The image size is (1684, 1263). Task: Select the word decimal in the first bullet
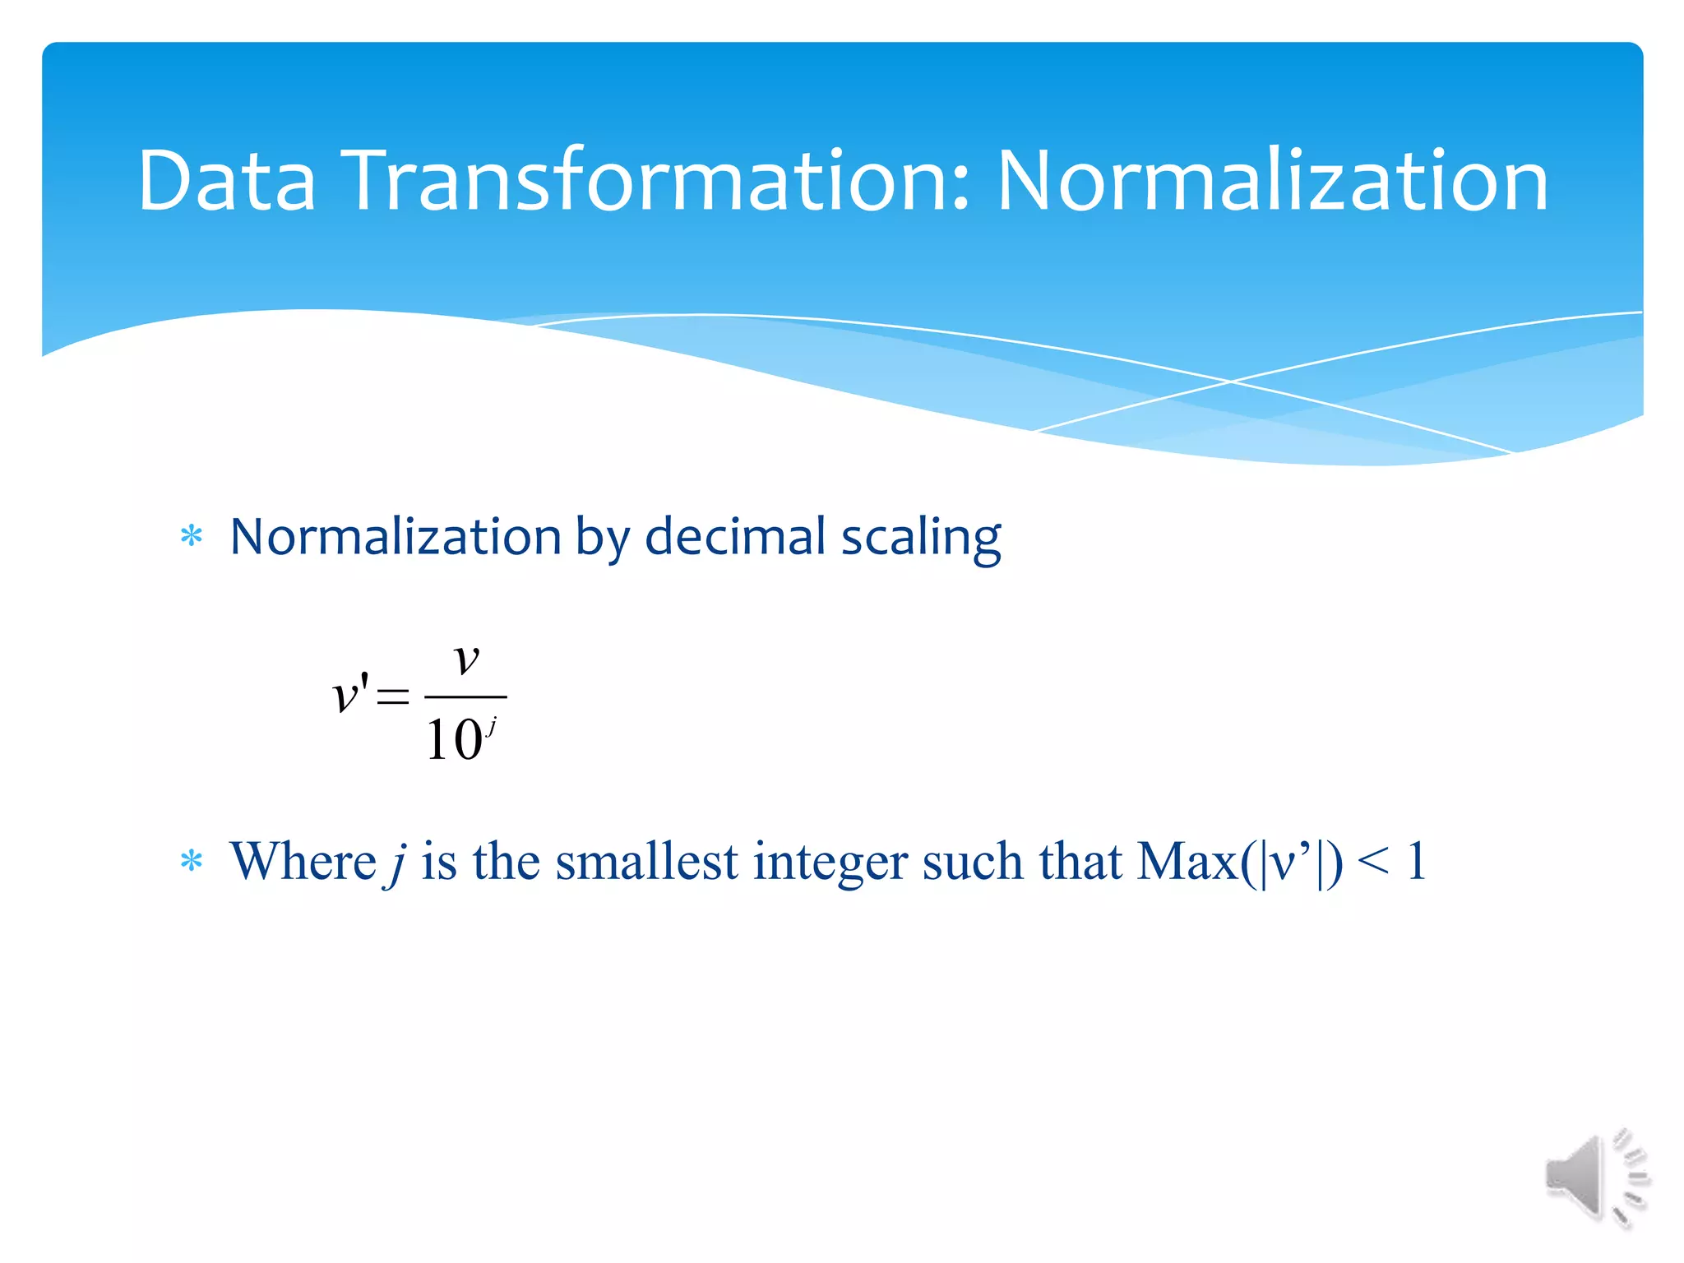(x=735, y=537)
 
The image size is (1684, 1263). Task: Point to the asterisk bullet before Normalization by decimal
(x=192, y=537)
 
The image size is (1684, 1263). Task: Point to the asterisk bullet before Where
(x=192, y=862)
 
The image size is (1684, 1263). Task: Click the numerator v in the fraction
(x=466, y=659)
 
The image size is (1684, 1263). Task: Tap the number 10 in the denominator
(x=453, y=739)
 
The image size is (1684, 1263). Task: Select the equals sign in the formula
(x=392, y=697)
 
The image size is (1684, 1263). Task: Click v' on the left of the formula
(x=350, y=695)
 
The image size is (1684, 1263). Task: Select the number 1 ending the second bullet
(x=1416, y=862)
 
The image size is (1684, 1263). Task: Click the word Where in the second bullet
(x=303, y=862)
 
